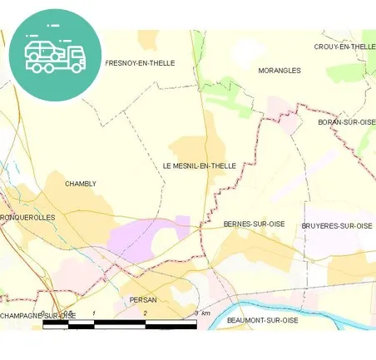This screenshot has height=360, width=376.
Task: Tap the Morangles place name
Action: tap(280, 71)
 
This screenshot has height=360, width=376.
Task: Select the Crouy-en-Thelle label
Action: tap(344, 47)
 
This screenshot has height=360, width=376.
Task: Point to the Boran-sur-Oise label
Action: tap(347, 122)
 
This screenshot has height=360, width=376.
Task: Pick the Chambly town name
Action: tap(81, 184)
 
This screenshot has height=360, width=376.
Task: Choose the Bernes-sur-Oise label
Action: tap(255, 224)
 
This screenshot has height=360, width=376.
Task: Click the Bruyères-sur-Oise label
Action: tap(337, 226)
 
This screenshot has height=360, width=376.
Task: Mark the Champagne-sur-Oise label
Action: tap(37, 316)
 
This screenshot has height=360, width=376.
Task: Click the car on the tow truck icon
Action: tap(42, 51)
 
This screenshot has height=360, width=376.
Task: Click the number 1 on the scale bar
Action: tap(94, 313)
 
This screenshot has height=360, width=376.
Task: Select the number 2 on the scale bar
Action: tap(145, 313)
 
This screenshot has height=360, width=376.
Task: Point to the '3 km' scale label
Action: tap(201, 313)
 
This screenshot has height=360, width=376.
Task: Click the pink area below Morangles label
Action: tap(281, 112)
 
